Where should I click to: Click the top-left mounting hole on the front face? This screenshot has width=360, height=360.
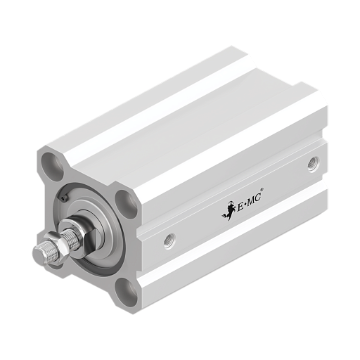53,167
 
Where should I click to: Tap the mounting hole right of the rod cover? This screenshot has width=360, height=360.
127,203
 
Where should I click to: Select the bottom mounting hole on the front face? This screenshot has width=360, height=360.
127,292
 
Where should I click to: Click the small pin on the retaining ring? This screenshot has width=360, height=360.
64,198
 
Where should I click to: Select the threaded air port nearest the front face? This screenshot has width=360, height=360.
169,241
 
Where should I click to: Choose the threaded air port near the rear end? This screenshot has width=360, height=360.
314,165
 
